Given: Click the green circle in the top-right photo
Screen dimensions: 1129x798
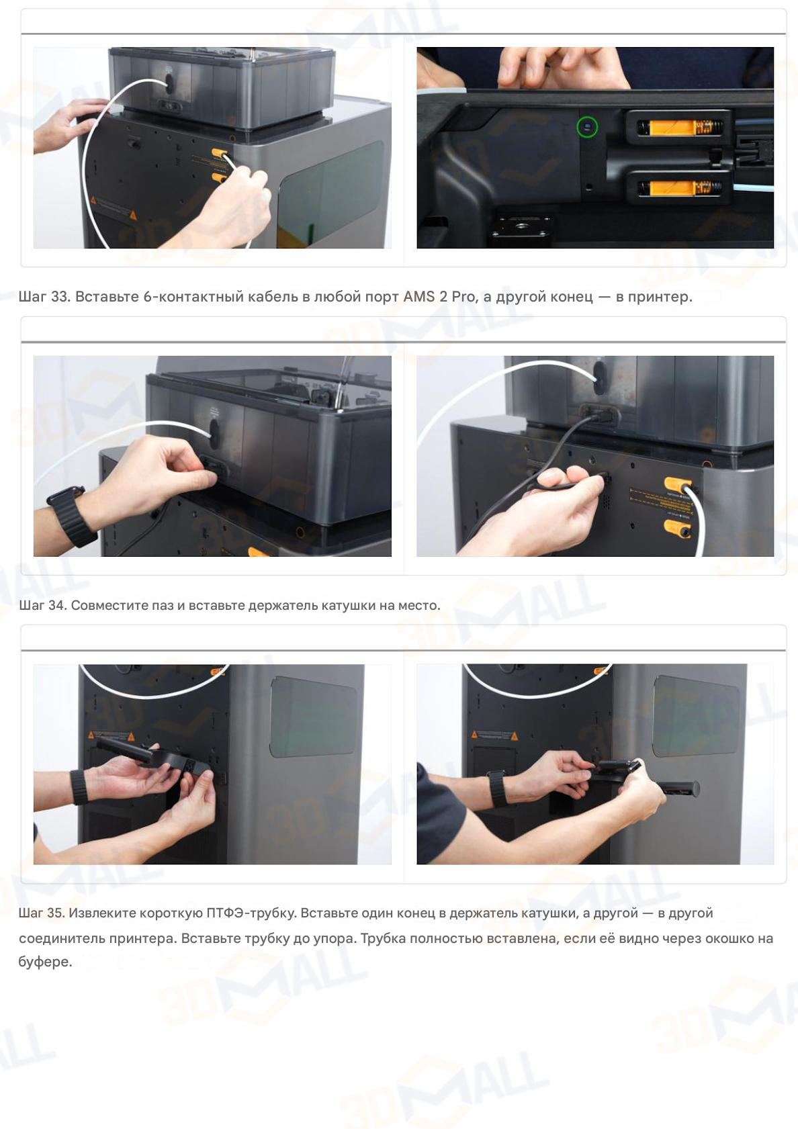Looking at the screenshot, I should [x=587, y=127].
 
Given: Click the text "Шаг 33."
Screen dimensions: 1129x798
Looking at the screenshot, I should [x=44, y=296].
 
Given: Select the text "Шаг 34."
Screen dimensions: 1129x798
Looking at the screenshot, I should [x=43, y=605].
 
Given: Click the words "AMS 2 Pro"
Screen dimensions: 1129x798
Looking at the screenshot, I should [x=439, y=296].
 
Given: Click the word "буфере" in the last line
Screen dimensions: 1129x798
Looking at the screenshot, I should [x=44, y=962].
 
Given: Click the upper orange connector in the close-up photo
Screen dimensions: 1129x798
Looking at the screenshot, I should [x=678, y=127].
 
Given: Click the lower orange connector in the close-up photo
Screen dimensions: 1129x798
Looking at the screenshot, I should [x=678, y=188].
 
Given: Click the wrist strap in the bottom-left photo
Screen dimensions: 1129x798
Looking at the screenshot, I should [x=79, y=786].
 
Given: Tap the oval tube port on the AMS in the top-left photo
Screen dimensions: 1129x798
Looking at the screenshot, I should [x=169, y=83].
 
